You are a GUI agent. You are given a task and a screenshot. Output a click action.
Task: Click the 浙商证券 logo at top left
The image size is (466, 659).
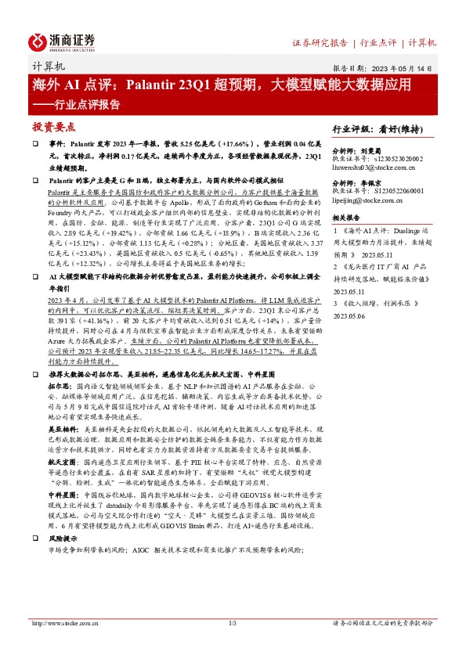point(62,41)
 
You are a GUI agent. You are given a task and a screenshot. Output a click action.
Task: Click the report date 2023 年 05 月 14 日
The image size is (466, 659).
point(404,68)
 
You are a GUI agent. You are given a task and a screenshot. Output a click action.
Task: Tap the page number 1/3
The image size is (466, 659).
point(232,623)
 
